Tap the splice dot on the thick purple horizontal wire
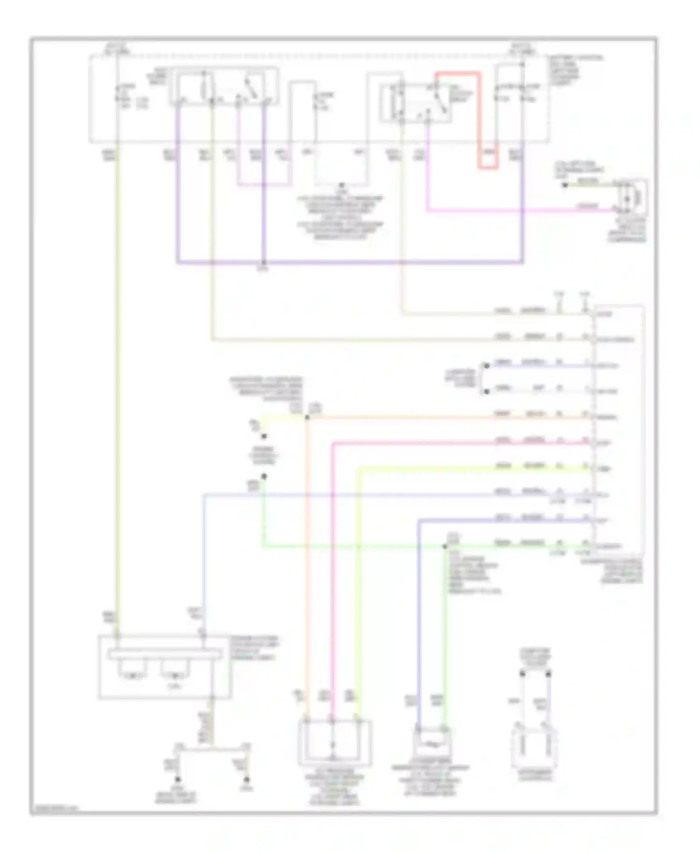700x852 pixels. [264, 263]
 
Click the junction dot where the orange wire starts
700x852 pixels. [307, 417]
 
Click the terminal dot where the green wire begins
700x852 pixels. [264, 476]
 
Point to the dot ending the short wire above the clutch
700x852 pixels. [565, 185]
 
